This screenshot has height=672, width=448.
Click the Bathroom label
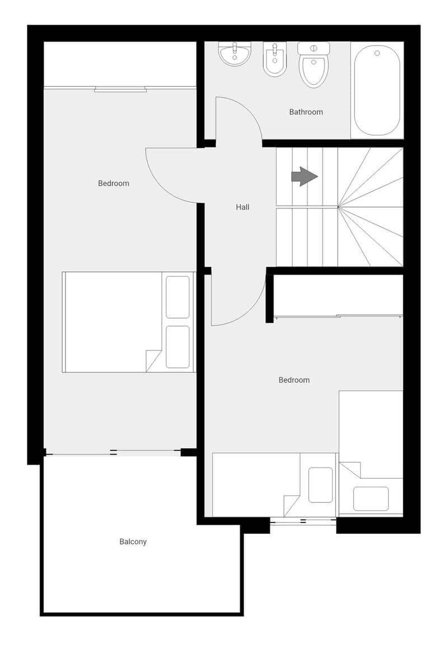coord(306,112)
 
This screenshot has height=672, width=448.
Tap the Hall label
coord(242,207)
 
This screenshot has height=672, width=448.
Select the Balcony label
coord(133,542)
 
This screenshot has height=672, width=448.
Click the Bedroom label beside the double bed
coord(114,183)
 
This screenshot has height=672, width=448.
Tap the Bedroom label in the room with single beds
coord(294,380)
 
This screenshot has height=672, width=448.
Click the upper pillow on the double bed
coord(178,297)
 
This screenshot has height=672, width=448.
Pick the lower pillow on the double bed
coord(178,347)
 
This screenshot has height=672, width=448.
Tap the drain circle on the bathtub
coord(377,53)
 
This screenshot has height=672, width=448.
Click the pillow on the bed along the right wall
coord(371,498)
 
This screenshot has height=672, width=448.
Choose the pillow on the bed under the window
coord(320,484)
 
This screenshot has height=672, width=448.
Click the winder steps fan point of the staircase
coord(338,207)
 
